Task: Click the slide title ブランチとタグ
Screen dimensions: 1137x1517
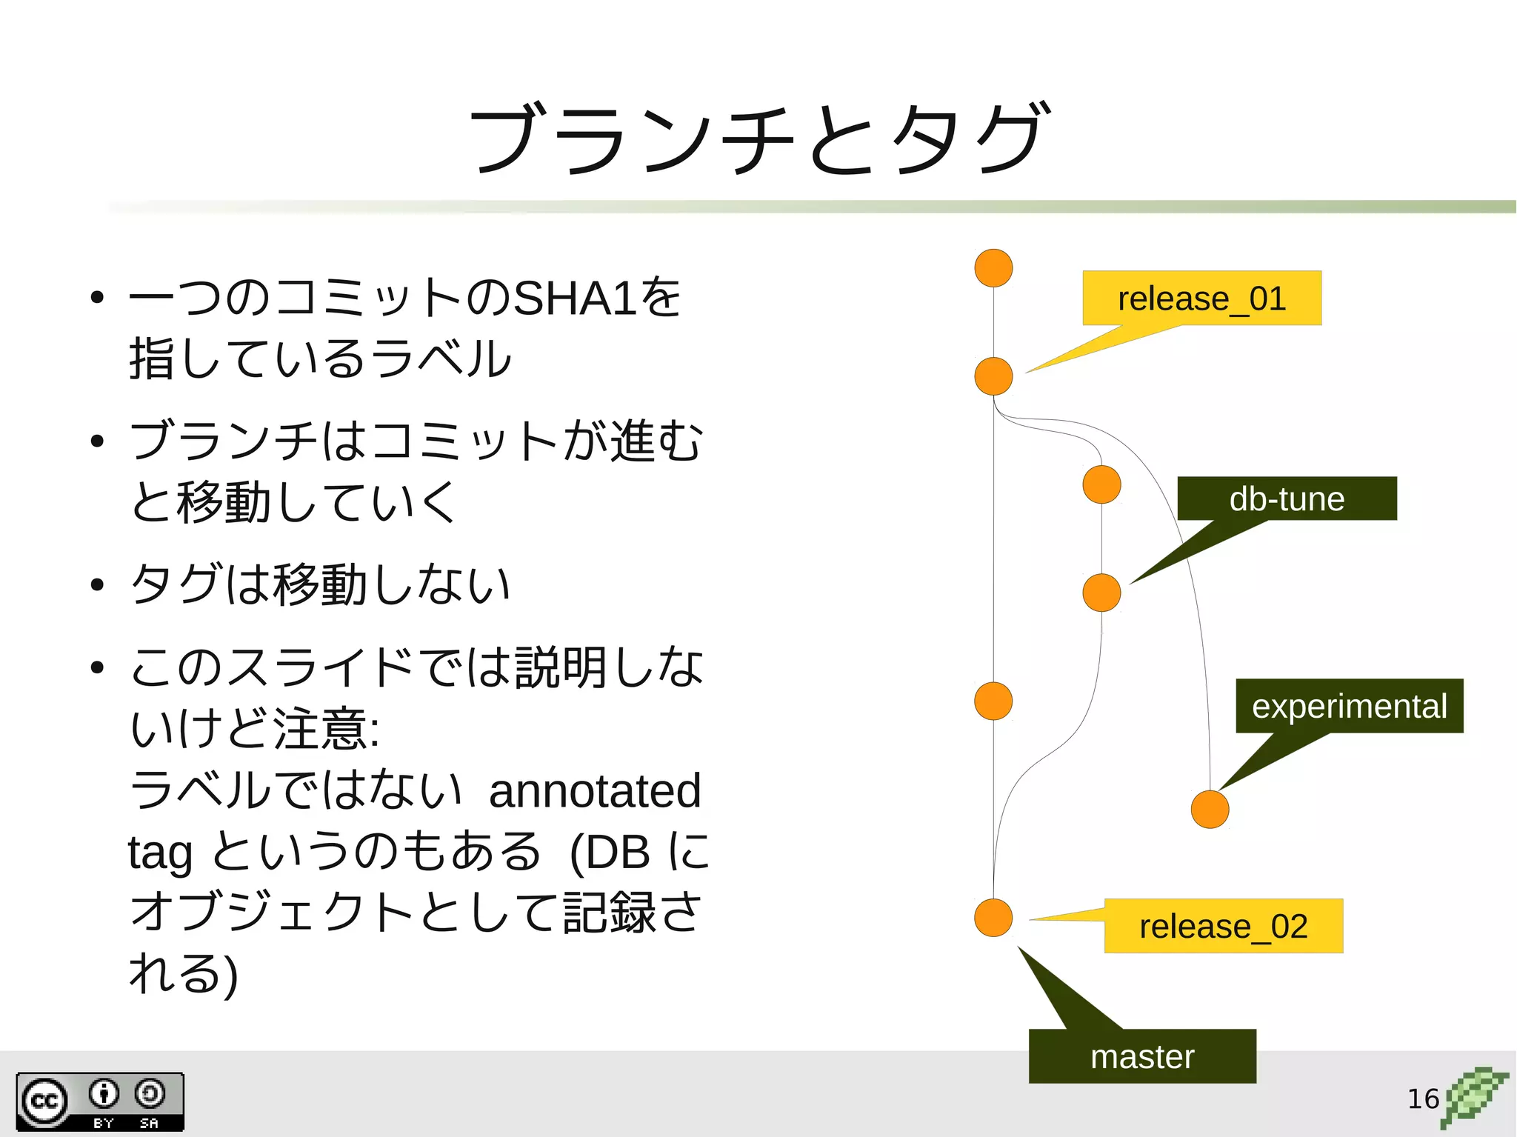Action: coord(758,139)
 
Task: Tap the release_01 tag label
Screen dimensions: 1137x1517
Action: coord(1201,299)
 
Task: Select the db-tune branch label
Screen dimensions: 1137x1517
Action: coord(1287,499)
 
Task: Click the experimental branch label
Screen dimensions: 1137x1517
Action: coord(1349,706)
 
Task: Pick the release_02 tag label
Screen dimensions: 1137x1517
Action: coord(1223,926)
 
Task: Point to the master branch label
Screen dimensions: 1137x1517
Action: coord(1142,1056)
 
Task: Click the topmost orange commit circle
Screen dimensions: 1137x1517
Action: coord(993,268)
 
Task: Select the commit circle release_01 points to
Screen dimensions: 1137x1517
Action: coord(993,376)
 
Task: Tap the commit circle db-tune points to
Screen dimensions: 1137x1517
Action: coord(1101,593)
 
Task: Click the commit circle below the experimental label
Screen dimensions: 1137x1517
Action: coord(1210,809)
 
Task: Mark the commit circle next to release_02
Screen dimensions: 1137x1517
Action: coord(993,918)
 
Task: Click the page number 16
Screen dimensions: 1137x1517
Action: coord(1422,1098)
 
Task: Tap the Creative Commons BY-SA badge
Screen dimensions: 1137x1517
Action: coord(100,1102)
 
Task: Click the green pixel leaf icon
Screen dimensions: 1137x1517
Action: coord(1474,1097)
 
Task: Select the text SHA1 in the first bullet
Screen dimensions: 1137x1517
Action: coord(575,299)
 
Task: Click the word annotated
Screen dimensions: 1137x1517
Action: coord(595,790)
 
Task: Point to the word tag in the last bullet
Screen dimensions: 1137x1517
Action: coord(160,852)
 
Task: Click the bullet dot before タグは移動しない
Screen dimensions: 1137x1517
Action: coord(97,584)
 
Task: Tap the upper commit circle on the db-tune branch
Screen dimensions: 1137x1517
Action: coord(1101,484)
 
